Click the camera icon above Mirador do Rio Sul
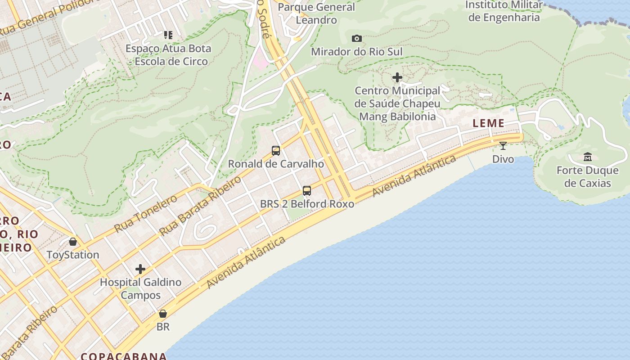pos(357,39)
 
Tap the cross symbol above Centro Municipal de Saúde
pos(397,78)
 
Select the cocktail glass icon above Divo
pos(503,146)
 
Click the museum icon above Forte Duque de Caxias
pos(588,157)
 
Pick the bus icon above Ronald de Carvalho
pos(276,151)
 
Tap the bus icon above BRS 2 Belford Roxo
pos(307,191)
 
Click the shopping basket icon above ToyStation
pos(73,242)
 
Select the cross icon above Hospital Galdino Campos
pos(140,269)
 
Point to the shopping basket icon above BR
pos(163,314)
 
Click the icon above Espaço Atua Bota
pos(168,35)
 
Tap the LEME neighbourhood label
pos(488,123)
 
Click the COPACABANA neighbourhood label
pos(124,356)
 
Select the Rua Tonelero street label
pos(146,213)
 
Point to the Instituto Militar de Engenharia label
pos(504,11)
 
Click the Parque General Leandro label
pos(316,13)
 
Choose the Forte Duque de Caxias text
pos(588,177)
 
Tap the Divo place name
pos(503,159)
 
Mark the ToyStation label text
pos(73,255)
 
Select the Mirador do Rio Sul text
pos(357,52)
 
